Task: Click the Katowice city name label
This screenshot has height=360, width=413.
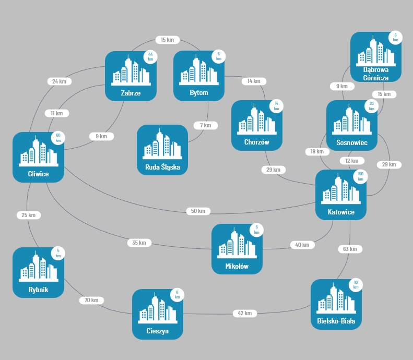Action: [x=341, y=212]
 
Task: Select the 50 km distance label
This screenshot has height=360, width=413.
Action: [x=198, y=211]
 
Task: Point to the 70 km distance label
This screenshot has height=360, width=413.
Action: [x=91, y=300]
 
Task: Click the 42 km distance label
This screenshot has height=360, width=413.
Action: [x=244, y=313]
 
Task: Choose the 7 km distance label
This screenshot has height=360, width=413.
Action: [x=205, y=125]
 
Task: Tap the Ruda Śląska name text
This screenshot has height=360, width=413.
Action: [x=162, y=167]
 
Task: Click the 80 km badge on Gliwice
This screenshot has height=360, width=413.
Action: [x=58, y=138]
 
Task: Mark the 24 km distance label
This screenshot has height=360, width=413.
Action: [x=59, y=81]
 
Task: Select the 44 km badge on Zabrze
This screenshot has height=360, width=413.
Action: [x=150, y=57]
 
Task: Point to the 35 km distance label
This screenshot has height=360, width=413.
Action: [x=139, y=243]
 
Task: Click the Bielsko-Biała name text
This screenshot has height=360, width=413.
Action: [x=336, y=321]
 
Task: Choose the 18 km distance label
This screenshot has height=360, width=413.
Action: [x=317, y=151]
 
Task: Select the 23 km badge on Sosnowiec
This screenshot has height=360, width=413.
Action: [x=372, y=106]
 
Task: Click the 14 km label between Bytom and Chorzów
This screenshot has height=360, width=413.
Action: [x=254, y=81]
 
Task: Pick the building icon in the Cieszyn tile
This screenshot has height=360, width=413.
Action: [x=157, y=308]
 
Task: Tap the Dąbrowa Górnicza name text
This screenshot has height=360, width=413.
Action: [x=376, y=74]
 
